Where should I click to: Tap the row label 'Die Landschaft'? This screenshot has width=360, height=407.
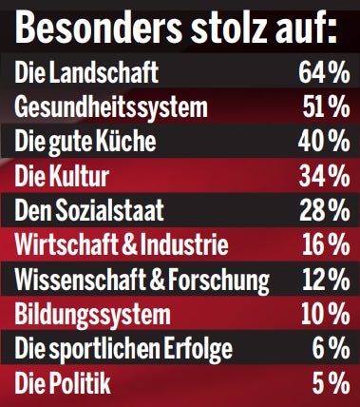click(x=86, y=72)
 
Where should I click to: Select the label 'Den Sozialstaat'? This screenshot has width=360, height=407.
click(x=90, y=211)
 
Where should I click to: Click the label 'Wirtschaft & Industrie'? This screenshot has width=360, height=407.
click(x=122, y=245)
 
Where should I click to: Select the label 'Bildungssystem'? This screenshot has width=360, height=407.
click(x=93, y=315)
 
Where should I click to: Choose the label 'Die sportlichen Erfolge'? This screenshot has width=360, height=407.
click(x=123, y=350)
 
